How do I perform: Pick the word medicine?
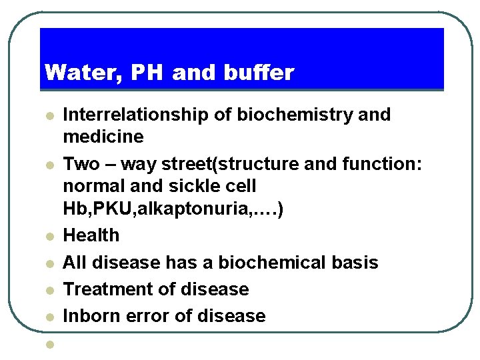click(x=103, y=137)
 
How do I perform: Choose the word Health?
click(x=91, y=235)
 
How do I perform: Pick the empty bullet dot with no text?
click(x=49, y=345)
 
